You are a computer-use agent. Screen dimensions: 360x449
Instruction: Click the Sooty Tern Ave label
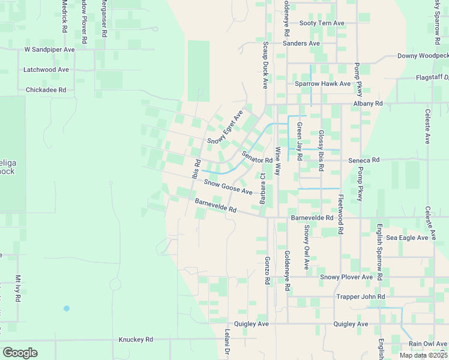point(322,23)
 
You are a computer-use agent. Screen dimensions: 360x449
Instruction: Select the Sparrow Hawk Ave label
point(322,84)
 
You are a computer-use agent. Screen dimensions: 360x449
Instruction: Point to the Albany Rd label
point(367,104)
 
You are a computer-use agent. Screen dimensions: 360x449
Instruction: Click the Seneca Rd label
point(364,160)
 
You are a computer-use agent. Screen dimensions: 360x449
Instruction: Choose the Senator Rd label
point(257,157)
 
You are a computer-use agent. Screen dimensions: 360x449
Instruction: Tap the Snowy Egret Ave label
point(225,127)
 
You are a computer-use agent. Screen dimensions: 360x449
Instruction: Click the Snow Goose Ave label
point(228,187)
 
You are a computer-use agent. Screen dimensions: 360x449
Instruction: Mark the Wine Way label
point(278,161)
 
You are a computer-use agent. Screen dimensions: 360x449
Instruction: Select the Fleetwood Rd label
point(340,214)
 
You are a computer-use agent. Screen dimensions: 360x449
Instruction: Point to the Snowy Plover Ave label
point(346,277)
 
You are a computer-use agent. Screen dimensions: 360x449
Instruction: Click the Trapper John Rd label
point(360,296)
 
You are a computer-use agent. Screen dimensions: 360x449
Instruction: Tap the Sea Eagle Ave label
point(407,238)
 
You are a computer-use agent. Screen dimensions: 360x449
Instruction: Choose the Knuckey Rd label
point(136,339)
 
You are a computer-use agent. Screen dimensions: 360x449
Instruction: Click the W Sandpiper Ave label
point(49,50)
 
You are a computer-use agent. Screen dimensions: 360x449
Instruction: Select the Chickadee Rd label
point(46,90)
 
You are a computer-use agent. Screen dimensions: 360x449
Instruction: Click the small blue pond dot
point(66,308)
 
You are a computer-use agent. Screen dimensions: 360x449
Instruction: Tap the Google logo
point(20,352)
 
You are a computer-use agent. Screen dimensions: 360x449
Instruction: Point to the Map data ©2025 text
point(423,355)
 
